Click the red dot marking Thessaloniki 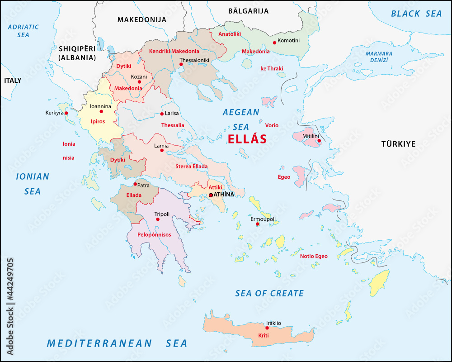(x=181, y=64)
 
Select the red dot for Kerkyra (x=66, y=113)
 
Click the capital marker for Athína (x=211, y=195)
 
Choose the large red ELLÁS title (x=247, y=139)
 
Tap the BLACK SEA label (x=416, y=14)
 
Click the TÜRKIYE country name (x=398, y=144)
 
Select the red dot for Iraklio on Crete (x=267, y=328)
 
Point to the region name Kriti (x=263, y=335)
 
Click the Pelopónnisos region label (x=155, y=235)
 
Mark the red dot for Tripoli (x=158, y=219)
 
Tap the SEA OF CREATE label (x=269, y=293)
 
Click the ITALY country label (x=13, y=81)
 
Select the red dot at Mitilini (x=319, y=141)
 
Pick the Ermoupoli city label (x=263, y=219)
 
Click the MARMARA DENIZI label (x=379, y=57)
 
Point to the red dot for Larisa (x=162, y=114)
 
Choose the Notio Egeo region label (x=314, y=256)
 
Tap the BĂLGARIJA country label (x=248, y=11)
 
